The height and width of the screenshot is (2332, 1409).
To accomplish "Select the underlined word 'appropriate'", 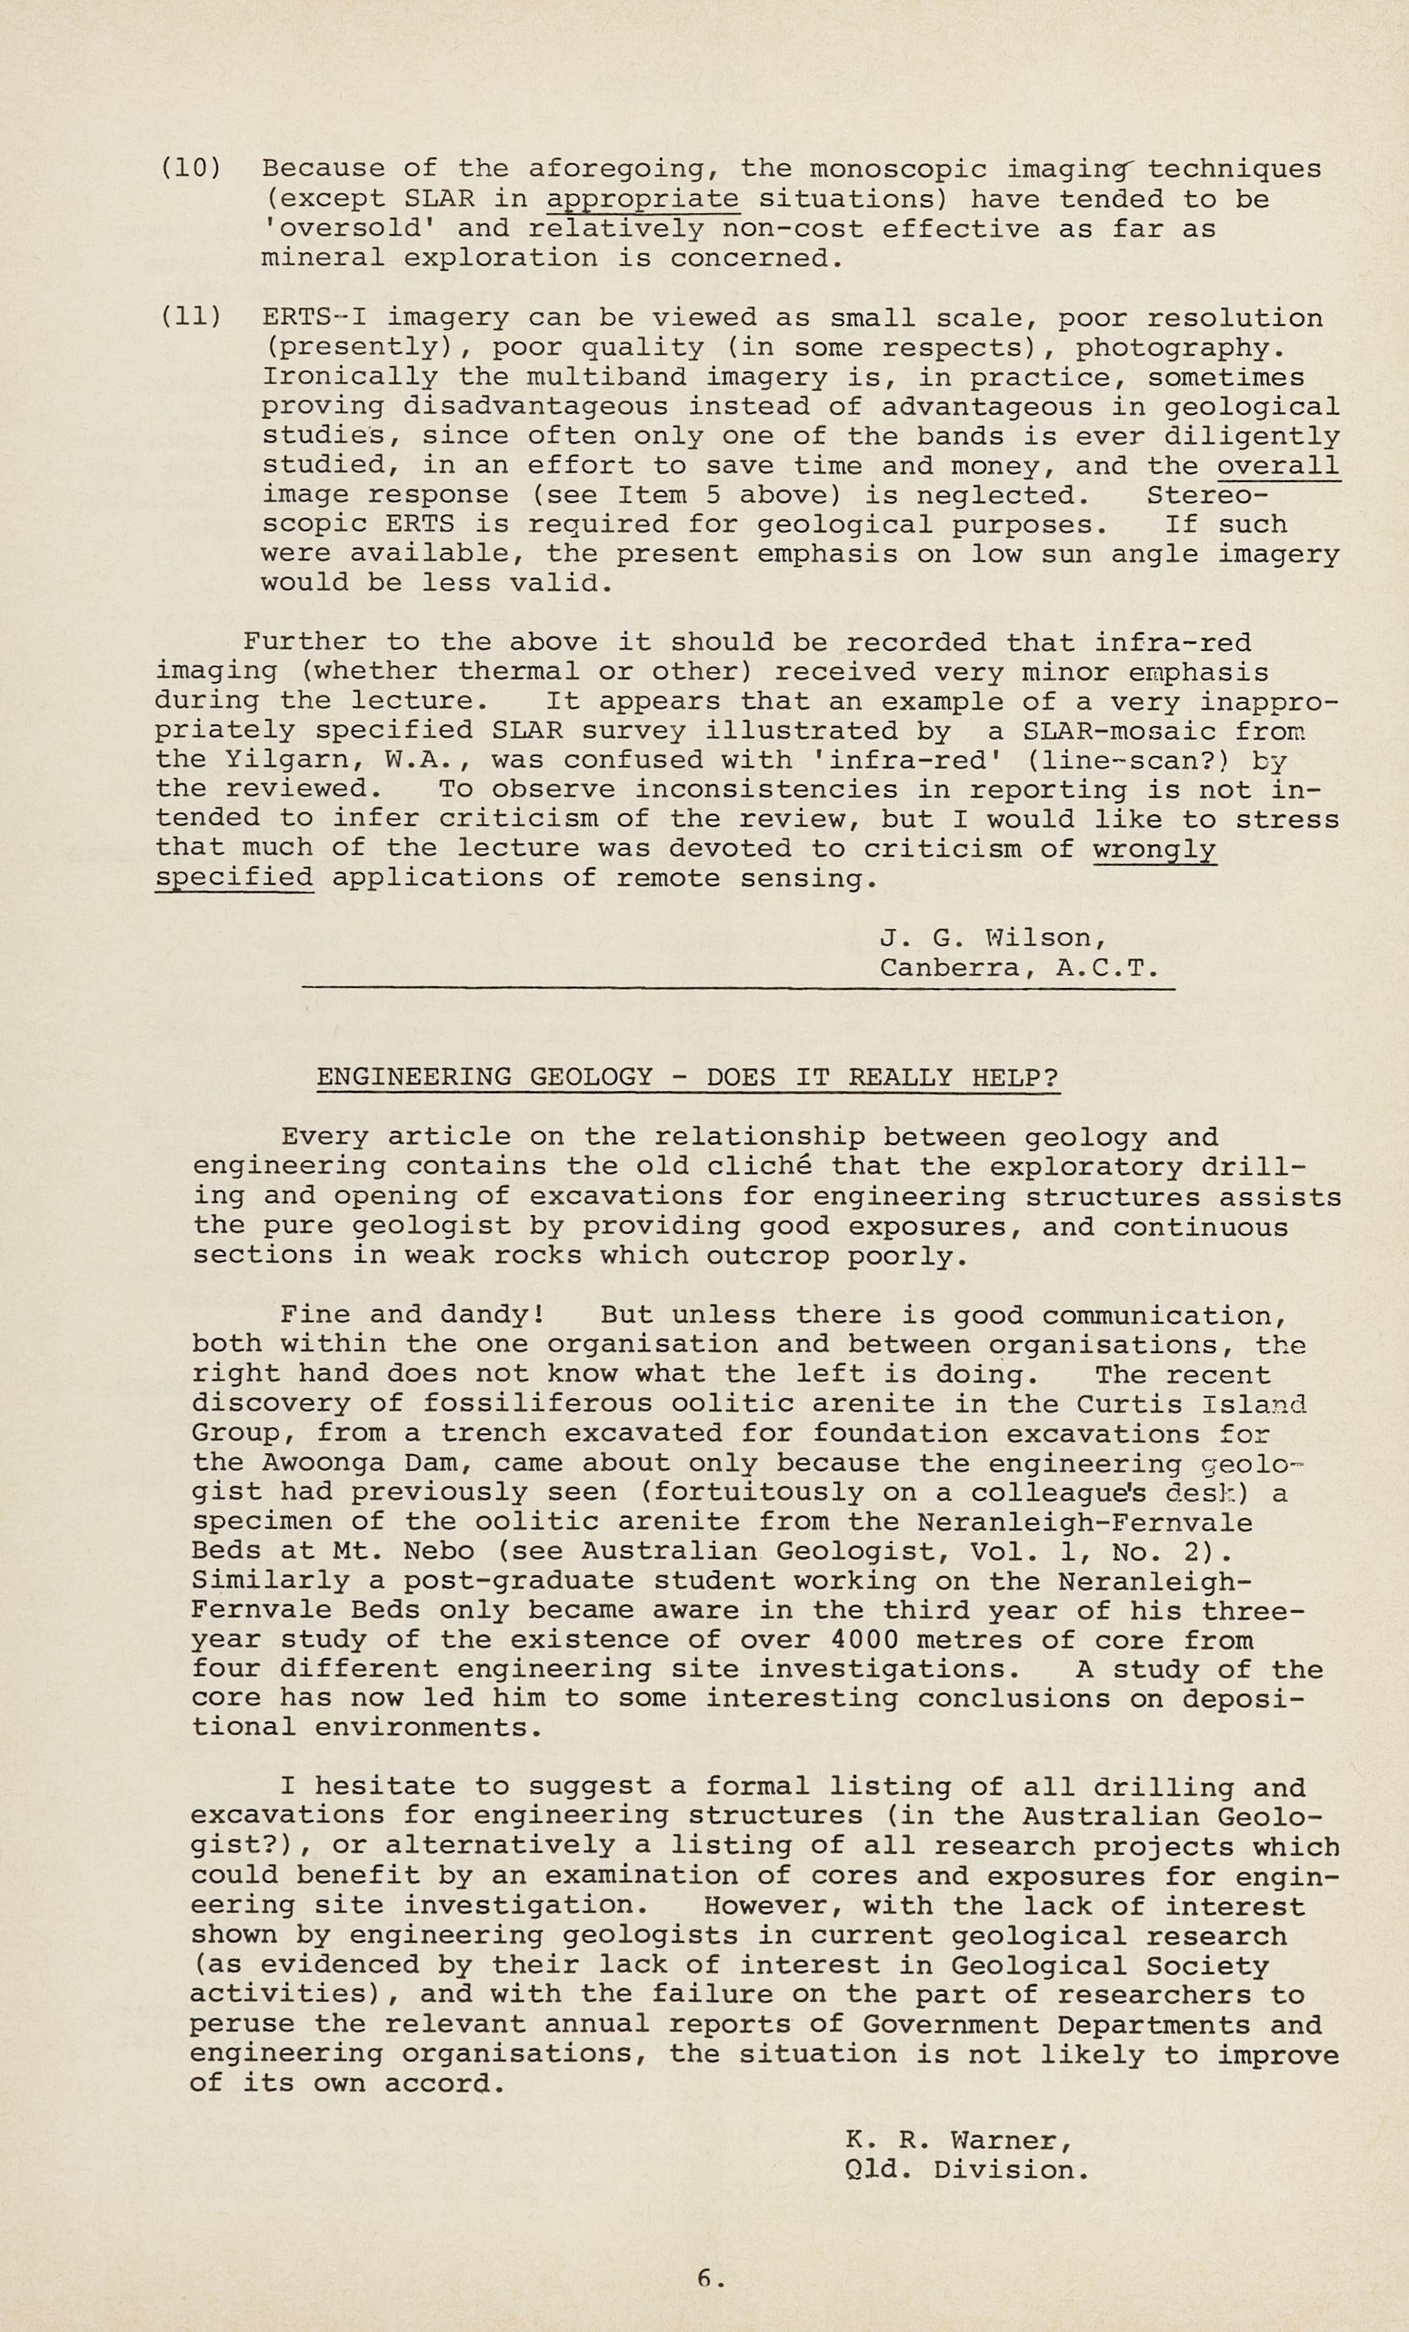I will coord(642,200).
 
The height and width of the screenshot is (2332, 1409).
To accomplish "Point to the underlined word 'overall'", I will coord(1277,466).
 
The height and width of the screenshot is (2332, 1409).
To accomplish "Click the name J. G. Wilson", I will coord(991,938).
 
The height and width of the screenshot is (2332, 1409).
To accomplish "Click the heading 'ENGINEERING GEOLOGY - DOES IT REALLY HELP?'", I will coord(687,1077).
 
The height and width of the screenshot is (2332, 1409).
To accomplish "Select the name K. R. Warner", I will coord(958,2113).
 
